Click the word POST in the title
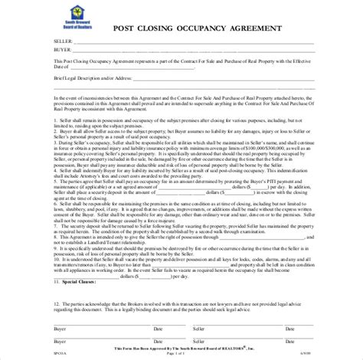pos(124,29)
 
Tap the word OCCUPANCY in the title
pos(205,29)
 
